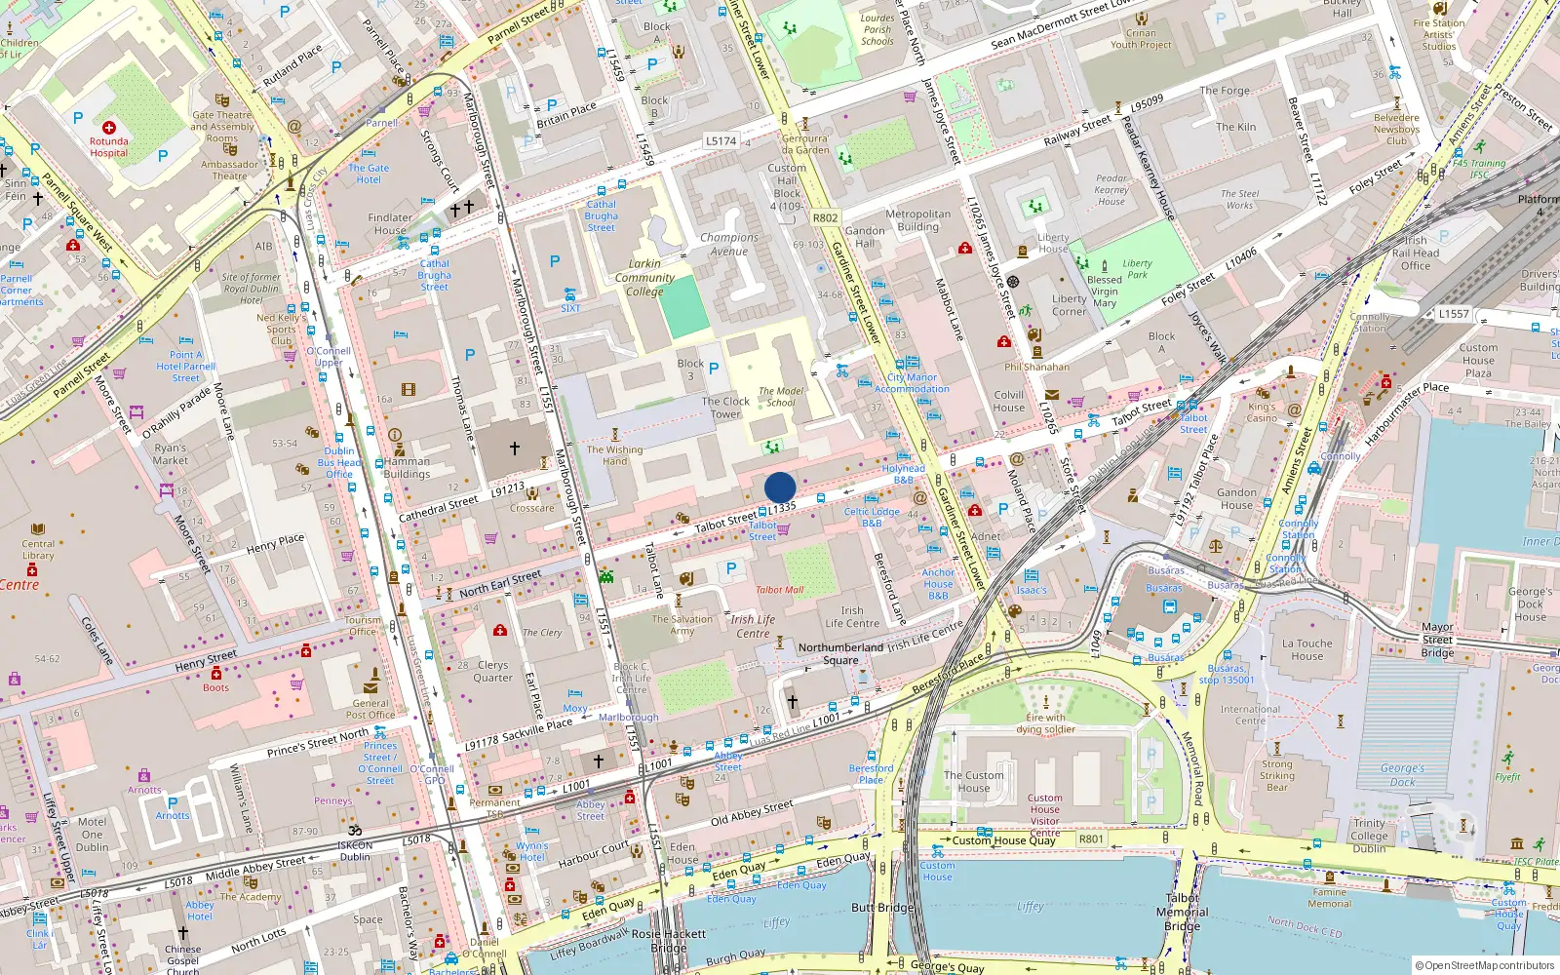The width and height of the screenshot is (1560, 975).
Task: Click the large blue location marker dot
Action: (780, 487)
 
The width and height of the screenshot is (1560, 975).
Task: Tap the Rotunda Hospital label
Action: (109, 147)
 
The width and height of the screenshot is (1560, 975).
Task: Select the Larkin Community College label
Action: (644, 278)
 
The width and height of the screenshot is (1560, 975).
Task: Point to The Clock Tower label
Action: (725, 408)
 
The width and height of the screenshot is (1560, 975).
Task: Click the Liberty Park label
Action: (1137, 269)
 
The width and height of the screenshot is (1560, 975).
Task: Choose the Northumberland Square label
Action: (840, 653)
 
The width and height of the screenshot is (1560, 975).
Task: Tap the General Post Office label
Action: (370, 709)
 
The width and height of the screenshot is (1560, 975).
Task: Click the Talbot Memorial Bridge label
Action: (1182, 913)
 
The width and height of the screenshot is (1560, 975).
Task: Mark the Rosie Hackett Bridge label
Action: (669, 941)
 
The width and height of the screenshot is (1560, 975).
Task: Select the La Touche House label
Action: (1307, 649)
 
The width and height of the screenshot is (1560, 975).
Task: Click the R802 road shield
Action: (825, 218)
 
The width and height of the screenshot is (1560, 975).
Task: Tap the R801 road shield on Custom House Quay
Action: (1091, 838)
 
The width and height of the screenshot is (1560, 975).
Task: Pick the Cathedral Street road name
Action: (439, 509)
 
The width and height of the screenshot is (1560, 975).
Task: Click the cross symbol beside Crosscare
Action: (515, 448)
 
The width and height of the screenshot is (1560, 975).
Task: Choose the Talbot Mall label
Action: (779, 590)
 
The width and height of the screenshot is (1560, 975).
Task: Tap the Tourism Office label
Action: (363, 626)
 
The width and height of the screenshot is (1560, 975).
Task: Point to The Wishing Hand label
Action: (614, 455)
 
